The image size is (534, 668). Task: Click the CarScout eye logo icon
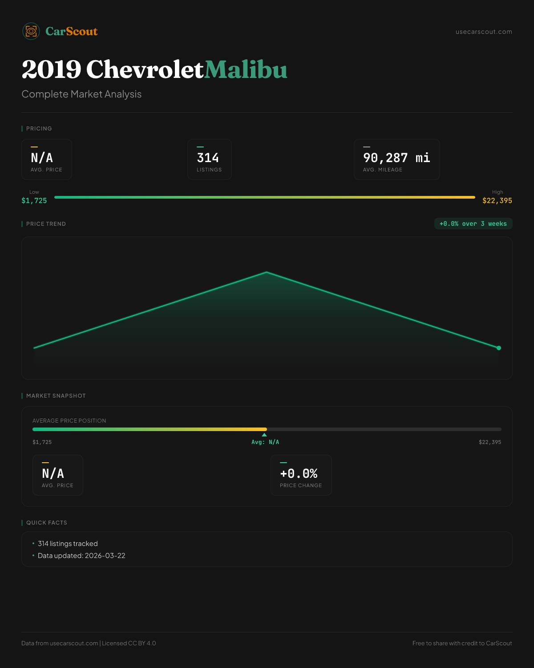(31, 31)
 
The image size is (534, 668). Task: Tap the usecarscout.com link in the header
(484, 32)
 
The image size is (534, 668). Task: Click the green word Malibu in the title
(246, 70)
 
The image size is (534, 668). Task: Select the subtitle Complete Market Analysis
(81, 94)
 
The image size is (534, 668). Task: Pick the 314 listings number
(208, 158)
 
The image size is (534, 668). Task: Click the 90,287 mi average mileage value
(396, 158)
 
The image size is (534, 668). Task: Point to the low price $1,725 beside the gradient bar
(34, 200)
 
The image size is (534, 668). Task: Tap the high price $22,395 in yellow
(497, 200)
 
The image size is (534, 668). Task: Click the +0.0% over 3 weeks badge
(473, 224)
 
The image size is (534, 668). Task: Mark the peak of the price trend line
(267, 272)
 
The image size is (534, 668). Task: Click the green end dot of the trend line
(499, 348)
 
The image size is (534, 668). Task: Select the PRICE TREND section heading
(46, 224)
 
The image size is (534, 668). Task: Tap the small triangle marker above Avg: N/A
(264, 435)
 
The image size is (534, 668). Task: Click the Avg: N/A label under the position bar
(265, 442)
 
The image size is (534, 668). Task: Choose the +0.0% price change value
(299, 473)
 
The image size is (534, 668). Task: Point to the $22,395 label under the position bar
(490, 442)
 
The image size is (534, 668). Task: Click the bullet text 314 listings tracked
(68, 543)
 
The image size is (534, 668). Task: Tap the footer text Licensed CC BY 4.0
(129, 643)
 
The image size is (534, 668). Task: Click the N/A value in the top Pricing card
(42, 158)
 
